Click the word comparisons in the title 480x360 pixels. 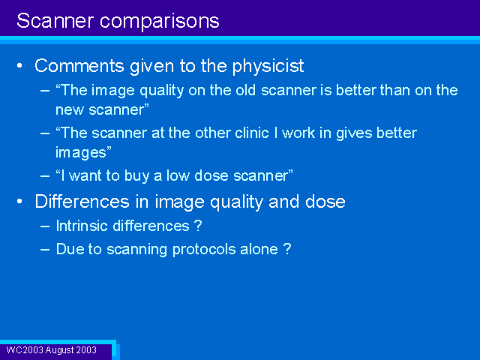pyautogui.click(x=160, y=22)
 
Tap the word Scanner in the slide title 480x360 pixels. pyautogui.click(x=55, y=20)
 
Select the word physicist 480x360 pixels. pyautogui.click(x=268, y=67)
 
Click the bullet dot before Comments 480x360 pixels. pyautogui.click(x=19, y=65)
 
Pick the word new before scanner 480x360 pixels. pyautogui.click(x=70, y=110)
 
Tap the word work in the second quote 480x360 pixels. pyautogui.click(x=298, y=133)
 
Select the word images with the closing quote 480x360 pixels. pyautogui.click(x=83, y=153)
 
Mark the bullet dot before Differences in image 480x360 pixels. pyautogui.click(x=19, y=202)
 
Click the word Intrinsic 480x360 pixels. pyautogui.click(x=82, y=226)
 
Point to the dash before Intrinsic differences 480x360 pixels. pyautogui.click(x=45, y=226)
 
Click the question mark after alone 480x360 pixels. pyautogui.click(x=287, y=249)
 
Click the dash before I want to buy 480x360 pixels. pyautogui.click(x=45, y=176)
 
